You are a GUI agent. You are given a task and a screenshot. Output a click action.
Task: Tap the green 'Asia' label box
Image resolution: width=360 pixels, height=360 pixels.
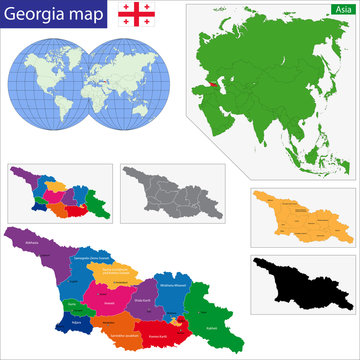point(342,9)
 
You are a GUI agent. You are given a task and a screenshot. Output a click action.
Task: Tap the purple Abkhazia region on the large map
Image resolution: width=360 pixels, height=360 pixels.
point(39,249)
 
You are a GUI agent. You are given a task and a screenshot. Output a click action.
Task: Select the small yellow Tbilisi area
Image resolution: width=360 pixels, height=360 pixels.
point(176,317)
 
